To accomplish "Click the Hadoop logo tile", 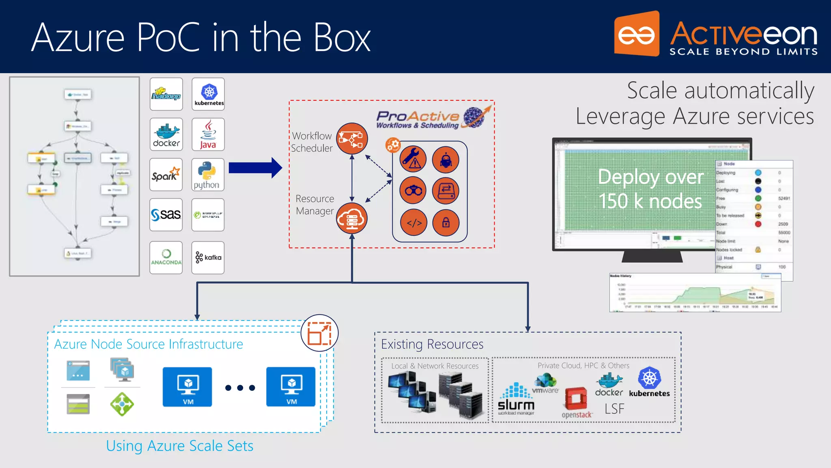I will tap(166, 94).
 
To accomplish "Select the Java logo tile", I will tap(208, 134).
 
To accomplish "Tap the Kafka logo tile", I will tap(208, 258).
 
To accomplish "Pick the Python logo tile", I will tap(208, 175).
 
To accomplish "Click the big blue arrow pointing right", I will tap(255, 168).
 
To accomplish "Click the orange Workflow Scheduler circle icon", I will tap(352, 139).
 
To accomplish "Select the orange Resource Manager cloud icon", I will tap(352, 219).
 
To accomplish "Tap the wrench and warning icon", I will tap(413, 159).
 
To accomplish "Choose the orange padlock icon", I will tap(446, 223).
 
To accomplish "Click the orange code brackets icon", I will tap(414, 223).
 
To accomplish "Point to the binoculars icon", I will tap(413, 191).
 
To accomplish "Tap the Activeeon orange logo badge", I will tap(636, 35).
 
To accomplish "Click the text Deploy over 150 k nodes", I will tap(650, 189).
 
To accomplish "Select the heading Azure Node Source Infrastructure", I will tap(149, 344).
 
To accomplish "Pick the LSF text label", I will tap(614, 409).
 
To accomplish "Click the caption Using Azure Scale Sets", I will tap(180, 446).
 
